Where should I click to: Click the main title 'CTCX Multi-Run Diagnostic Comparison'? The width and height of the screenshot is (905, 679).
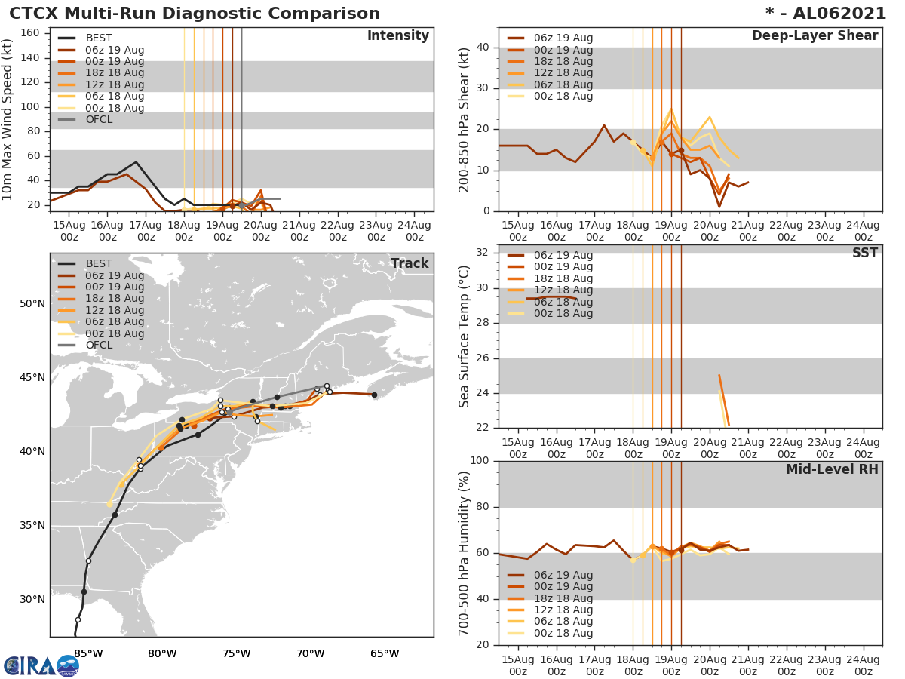coord(195,14)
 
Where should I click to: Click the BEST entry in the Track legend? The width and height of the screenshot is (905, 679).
coord(99,263)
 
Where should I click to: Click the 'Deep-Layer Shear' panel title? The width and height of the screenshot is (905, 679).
coord(814,36)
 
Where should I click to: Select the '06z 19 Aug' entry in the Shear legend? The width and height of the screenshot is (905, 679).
coord(563,38)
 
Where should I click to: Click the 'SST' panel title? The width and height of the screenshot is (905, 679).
coord(864,253)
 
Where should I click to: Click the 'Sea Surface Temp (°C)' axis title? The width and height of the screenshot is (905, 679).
coord(465,336)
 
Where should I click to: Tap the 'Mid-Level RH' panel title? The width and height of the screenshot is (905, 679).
coord(831,469)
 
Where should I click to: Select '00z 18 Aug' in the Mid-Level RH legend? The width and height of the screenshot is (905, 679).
coord(563,633)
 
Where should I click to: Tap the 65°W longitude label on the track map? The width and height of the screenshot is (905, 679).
coord(385,653)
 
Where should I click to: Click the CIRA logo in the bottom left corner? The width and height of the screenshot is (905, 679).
coord(41,665)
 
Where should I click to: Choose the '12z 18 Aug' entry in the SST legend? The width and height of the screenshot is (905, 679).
coord(563,290)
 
